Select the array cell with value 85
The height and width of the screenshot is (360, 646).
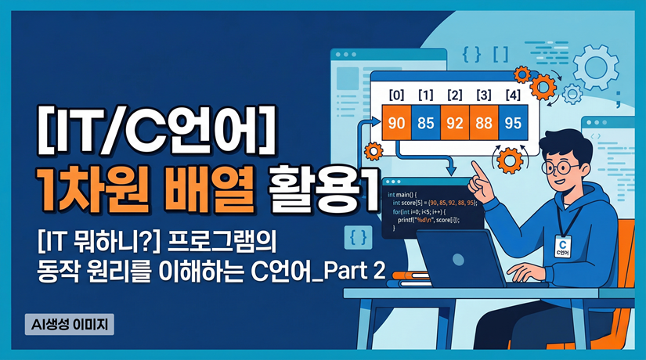pyautogui.click(x=428, y=124)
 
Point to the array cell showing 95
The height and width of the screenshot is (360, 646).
pyautogui.click(x=513, y=124)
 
